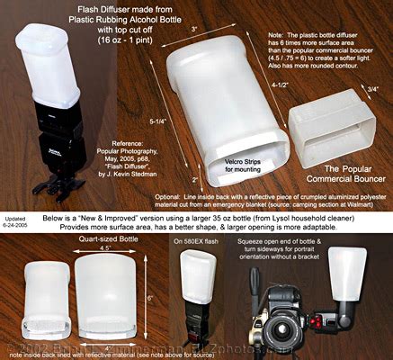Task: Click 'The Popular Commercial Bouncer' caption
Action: (339, 175)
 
